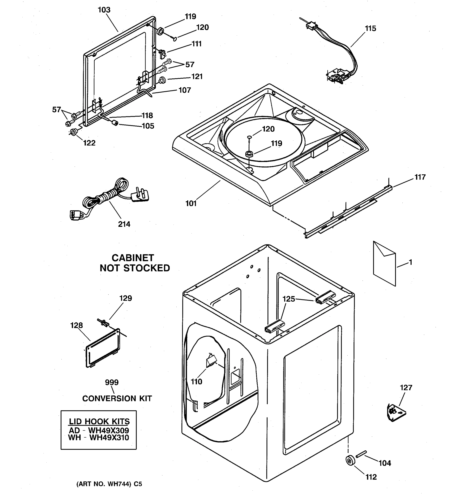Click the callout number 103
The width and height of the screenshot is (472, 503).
tap(104, 10)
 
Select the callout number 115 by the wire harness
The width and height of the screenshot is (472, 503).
tap(370, 28)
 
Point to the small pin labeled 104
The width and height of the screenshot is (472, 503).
tap(361, 454)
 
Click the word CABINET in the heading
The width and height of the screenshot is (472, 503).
tap(133, 258)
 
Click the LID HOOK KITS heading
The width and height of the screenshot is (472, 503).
tap(99, 421)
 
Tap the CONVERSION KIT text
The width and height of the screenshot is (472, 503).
tap(117, 398)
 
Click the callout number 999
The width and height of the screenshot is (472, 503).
tap(112, 382)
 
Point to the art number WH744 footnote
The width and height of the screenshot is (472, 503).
tap(109, 484)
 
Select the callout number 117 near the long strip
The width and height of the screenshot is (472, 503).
tap(420, 177)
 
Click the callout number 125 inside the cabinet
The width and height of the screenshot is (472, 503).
tap(289, 299)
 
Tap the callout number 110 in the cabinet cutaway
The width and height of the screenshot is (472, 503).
tap(196, 382)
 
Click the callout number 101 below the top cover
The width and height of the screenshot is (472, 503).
tap(191, 204)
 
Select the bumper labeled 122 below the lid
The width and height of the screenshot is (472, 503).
tap(74, 132)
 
